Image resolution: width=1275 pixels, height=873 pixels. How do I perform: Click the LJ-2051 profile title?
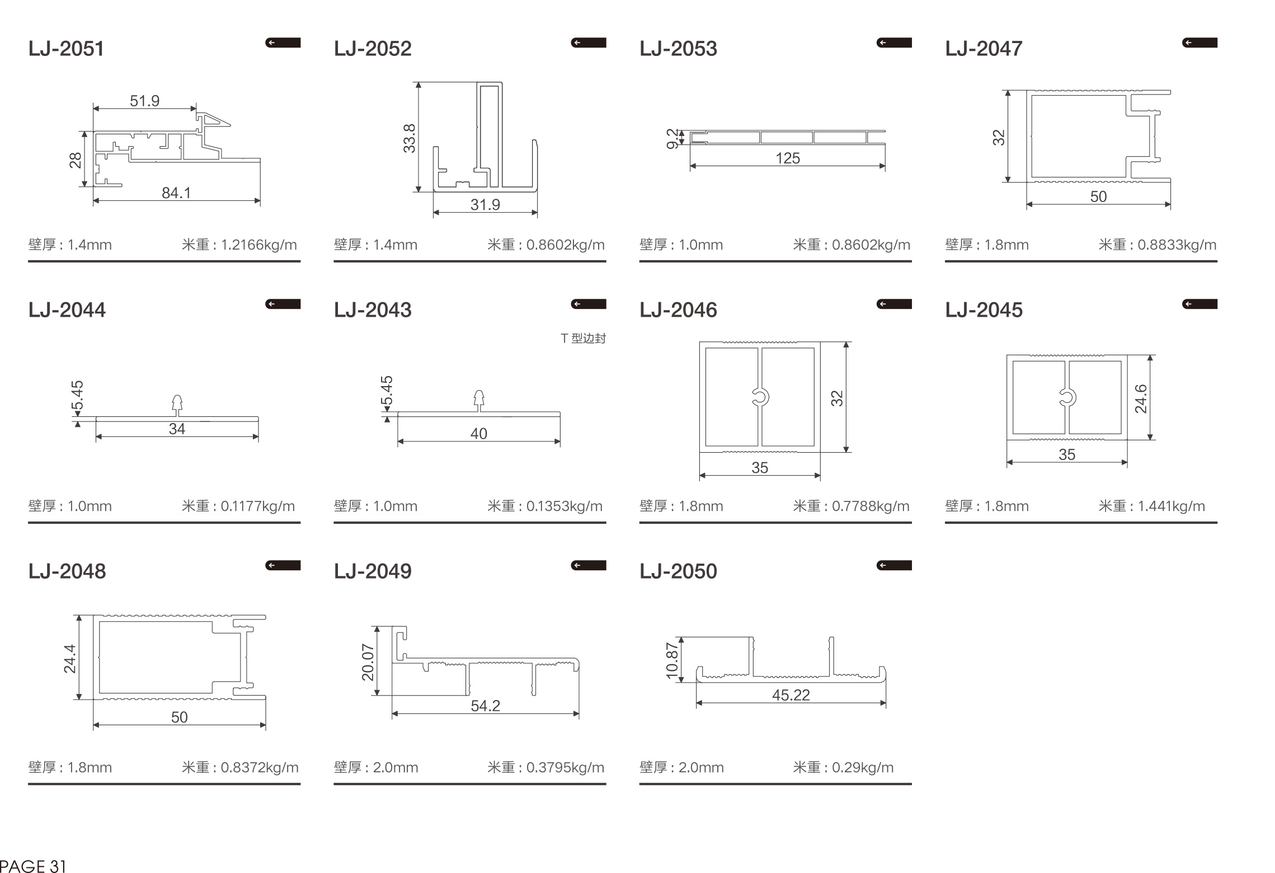pyautogui.click(x=66, y=49)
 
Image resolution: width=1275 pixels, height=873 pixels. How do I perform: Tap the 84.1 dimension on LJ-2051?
pyautogui.click(x=176, y=193)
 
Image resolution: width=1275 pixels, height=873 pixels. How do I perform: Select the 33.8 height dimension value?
pyautogui.click(x=410, y=138)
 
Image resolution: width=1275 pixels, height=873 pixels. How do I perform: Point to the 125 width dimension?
pyautogui.click(x=788, y=158)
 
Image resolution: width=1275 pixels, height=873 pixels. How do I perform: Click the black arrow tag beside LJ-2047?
pyautogui.click(x=1199, y=43)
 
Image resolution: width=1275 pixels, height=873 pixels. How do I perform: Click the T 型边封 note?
pyautogui.click(x=583, y=338)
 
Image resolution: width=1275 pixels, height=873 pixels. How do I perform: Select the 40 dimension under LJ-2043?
pyautogui.click(x=479, y=434)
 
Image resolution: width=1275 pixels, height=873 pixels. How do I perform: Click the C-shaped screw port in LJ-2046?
pyautogui.click(x=760, y=397)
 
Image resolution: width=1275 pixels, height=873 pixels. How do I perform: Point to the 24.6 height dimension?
pyautogui.click(x=1140, y=398)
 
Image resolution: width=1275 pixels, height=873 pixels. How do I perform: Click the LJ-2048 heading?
pyautogui.click(x=67, y=571)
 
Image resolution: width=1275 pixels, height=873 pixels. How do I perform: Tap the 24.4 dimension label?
pyautogui.click(x=69, y=658)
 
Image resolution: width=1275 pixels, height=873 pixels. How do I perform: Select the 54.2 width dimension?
pyautogui.click(x=485, y=706)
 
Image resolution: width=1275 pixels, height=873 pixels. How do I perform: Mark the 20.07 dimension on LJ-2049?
pyautogui.click(x=368, y=662)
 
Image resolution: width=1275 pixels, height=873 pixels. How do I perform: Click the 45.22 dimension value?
pyautogui.click(x=791, y=695)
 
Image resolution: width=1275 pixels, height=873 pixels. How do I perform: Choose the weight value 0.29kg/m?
pyautogui.click(x=863, y=767)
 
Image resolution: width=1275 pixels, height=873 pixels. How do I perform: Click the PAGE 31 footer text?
pyautogui.click(x=33, y=866)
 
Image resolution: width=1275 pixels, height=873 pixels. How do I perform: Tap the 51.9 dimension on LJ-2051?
pyautogui.click(x=145, y=101)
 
